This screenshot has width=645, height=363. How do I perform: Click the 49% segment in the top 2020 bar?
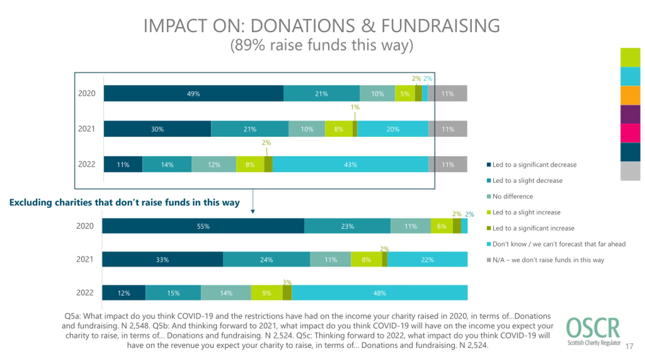click(x=193, y=94)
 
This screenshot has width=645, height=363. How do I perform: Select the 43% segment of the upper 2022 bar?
click(x=350, y=165)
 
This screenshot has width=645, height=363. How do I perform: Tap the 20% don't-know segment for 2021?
click(x=393, y=129)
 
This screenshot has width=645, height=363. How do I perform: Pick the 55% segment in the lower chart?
click(x=203, y=226)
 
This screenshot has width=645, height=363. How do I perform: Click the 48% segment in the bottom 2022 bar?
click(x=379, y=293)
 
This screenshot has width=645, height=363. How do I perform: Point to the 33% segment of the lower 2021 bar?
click(x=162, y=259)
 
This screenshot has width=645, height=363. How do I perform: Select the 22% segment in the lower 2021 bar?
click(x=427, y=259)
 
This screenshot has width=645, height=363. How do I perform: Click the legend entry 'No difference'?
click(x=512, y=196)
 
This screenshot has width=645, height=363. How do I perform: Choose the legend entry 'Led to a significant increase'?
click(x=533, y=228)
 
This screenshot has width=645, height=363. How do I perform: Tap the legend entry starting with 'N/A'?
click(x=548, y=260)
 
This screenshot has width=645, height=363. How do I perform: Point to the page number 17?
click(x=629, y=346)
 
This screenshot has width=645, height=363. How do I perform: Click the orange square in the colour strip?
click(x=630, y=95)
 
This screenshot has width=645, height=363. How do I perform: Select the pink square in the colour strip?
click(x=630, y=133)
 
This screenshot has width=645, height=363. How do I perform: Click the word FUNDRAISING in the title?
click(x=440, y=26)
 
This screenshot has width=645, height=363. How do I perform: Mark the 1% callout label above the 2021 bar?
click(x=355, y=107)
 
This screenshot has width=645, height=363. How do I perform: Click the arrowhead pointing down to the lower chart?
click(x=253, y=211)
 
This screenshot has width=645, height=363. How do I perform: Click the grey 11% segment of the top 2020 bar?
click(x=448, y=94)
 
